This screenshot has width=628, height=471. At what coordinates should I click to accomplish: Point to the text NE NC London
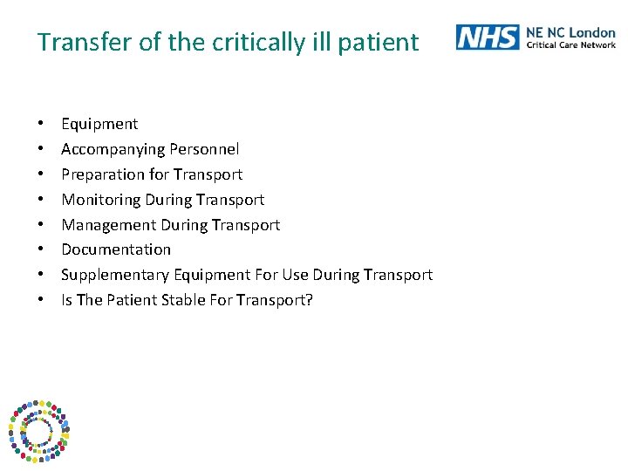click(570, 32)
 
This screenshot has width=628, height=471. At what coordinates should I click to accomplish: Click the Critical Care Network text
click(570, 44)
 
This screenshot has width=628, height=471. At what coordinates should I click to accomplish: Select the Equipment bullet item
click(99, 124)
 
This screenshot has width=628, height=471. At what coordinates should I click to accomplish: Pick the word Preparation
click(103, 174)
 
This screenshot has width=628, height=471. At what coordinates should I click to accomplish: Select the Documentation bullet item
click(116, 249)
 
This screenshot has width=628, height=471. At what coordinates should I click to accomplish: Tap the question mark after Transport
click(309, 300)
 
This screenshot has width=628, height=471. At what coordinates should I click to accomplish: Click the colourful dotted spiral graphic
click(38, 430)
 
